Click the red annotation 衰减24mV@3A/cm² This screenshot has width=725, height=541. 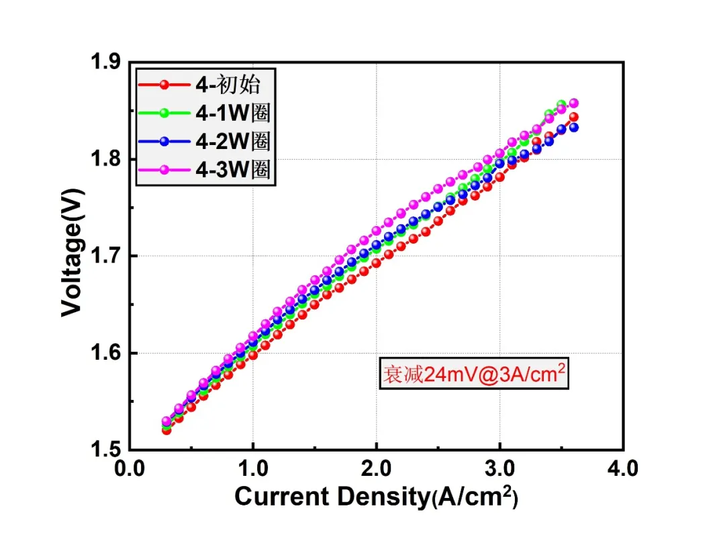click(x=474, y=373)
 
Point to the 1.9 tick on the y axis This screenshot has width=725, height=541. click(x=105, y=61)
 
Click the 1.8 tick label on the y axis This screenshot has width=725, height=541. click(x=105, y=158)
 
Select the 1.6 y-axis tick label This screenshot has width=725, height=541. click(x=105, y=353)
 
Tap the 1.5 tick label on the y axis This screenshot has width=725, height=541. click(x=105, y=449)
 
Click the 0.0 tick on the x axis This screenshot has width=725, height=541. click(x=130, y=469)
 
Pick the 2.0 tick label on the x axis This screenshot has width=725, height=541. click(x=377, y=469)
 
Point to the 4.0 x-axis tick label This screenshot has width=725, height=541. click(x=623, y=469)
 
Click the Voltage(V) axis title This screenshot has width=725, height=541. click(x=72, y=253)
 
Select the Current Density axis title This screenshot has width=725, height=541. click(x=377, y=497)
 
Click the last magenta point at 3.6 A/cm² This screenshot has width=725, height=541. click(x=574, y=103)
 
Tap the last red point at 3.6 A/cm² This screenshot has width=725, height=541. click(x=574, y=117)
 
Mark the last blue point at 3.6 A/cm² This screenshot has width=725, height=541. click(x=574, y=127)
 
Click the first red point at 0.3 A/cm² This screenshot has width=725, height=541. click(x=166, y=430)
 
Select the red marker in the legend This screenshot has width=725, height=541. click(x=164, y=85)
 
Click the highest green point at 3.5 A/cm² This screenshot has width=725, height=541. click(x=561, y=105)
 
